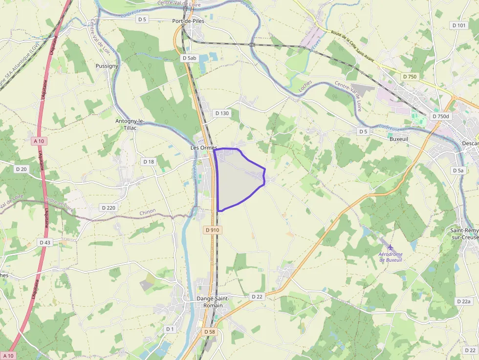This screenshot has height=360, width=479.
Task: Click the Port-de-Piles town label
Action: [x=188, y=21]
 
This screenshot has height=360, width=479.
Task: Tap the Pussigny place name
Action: [x=107, y=65]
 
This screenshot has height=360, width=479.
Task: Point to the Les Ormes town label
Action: [x=203, y=148]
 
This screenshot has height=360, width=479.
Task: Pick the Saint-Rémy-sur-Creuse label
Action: [x=464, y=233]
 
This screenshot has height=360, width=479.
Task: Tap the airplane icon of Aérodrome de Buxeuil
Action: [x=390, y=248]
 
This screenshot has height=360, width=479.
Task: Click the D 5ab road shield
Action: [x=189, y=58]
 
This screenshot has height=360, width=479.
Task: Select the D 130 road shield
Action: [x=222, y=113]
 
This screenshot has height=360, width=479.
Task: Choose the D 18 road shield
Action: [x=149, y=161]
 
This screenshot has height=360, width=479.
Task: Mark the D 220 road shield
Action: [x=109, y=208]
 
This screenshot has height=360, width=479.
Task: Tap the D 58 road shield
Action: [x=209, y=332]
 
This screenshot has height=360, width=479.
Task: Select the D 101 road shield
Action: [x=459, y=25]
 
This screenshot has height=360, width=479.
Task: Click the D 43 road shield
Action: [x=45, y=242]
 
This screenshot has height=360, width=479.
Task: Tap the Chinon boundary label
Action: [x=147, y=212]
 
